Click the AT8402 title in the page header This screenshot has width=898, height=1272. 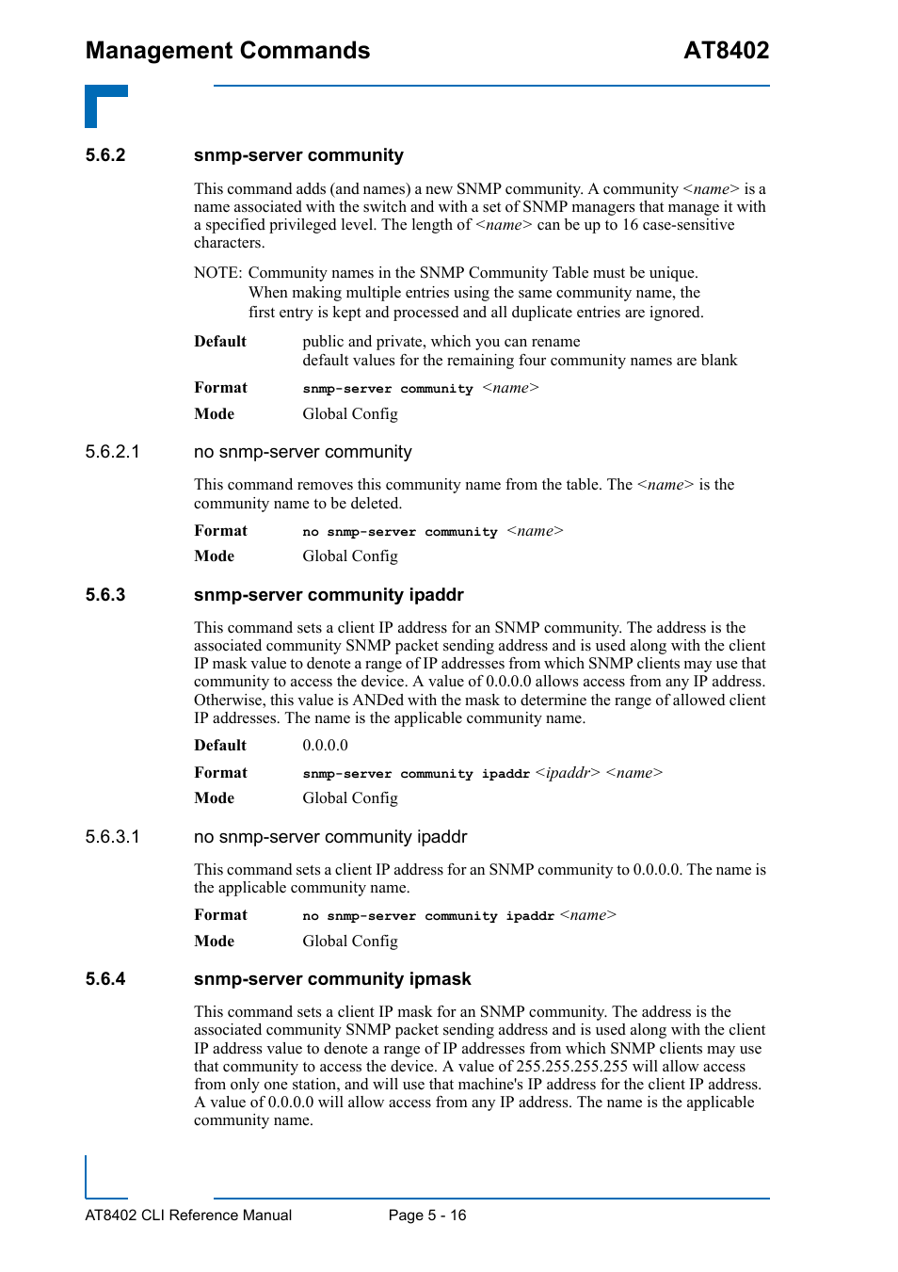click(726, 51)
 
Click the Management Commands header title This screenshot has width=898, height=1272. click(228, 51)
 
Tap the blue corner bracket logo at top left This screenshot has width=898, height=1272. click(105, 105)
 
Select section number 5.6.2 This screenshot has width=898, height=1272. click(105, 155)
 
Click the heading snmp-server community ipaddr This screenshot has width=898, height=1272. click(329, 595)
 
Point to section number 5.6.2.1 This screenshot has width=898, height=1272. click(112, 452)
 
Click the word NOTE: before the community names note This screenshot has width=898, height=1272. click(218, 273)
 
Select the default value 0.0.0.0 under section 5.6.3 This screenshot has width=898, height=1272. click(325, 746)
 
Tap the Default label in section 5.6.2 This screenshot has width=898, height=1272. click(220, 342)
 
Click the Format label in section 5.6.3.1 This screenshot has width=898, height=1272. click(220, 915)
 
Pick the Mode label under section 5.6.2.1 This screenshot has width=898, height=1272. click(214, 556)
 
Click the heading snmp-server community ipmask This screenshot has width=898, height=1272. click(332, 979)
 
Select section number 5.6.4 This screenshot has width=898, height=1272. click(105, 979)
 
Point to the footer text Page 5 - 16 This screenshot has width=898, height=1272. click(427, 1216)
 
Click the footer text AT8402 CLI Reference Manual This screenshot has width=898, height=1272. click(188, 1216)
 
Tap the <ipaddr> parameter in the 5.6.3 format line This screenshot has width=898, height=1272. click(568, 773)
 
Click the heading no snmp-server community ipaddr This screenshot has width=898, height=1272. click(330, 837)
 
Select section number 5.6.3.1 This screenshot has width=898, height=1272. click(112, 837)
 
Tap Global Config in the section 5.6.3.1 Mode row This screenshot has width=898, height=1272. click(350, 942)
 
